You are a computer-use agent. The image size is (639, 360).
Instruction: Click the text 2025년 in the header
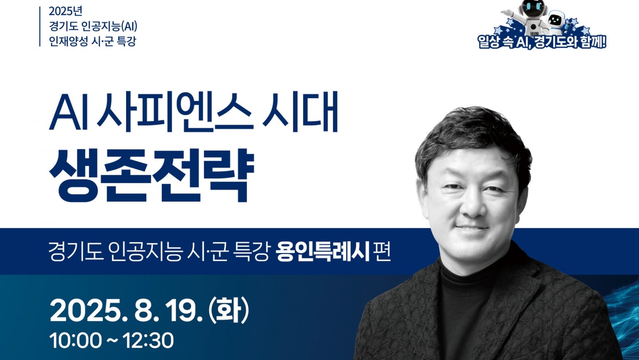tap(65, 11)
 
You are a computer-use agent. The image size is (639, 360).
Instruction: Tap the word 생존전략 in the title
tap(151, 175)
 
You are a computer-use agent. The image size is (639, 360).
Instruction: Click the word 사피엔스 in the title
tap(175, 112)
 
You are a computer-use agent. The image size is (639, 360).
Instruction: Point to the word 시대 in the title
tap(300, 112)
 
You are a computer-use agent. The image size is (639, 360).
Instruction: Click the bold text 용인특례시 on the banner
tap(323, 251)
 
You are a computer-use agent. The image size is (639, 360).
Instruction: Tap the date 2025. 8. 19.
tap(126, 311)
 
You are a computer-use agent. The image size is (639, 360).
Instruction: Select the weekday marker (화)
tap(229, 310)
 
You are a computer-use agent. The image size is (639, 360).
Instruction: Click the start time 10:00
tap(76, 340)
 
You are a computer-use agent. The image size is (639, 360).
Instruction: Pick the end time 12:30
tap(149, 340)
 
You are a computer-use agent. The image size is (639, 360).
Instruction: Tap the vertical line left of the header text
tap(40, 27)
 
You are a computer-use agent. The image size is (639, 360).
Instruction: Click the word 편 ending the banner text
tap(382, 252)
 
